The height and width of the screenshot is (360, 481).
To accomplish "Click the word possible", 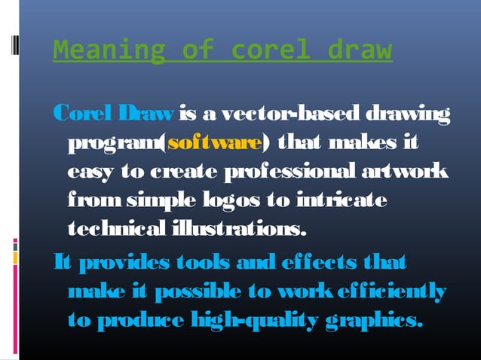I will click(x=208, y=291).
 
